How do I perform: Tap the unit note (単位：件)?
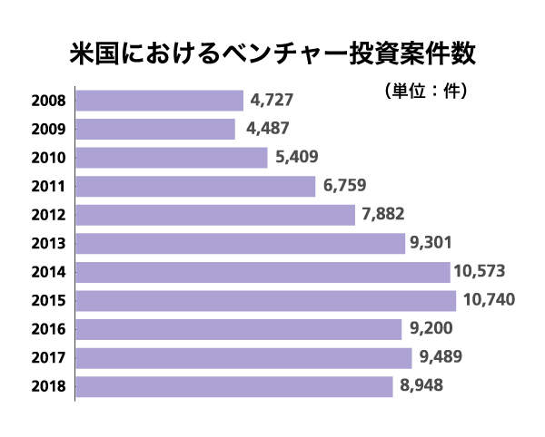[427, 91]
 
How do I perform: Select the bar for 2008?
[160, 101]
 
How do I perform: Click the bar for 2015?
[266, 300]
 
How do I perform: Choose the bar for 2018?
[234, 386]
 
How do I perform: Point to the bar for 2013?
[241, 243]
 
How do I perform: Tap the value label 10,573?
[480, 271]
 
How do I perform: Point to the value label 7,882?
[382, 215]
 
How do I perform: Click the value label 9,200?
[431, 328]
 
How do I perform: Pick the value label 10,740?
[484, 300]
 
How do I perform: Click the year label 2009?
[47, 129]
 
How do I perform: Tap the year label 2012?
[47, 215]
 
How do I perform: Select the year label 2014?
[47, 271]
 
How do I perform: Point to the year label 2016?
[47, 328]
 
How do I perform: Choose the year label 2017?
[47, 357]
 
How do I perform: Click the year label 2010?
[47, 158]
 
